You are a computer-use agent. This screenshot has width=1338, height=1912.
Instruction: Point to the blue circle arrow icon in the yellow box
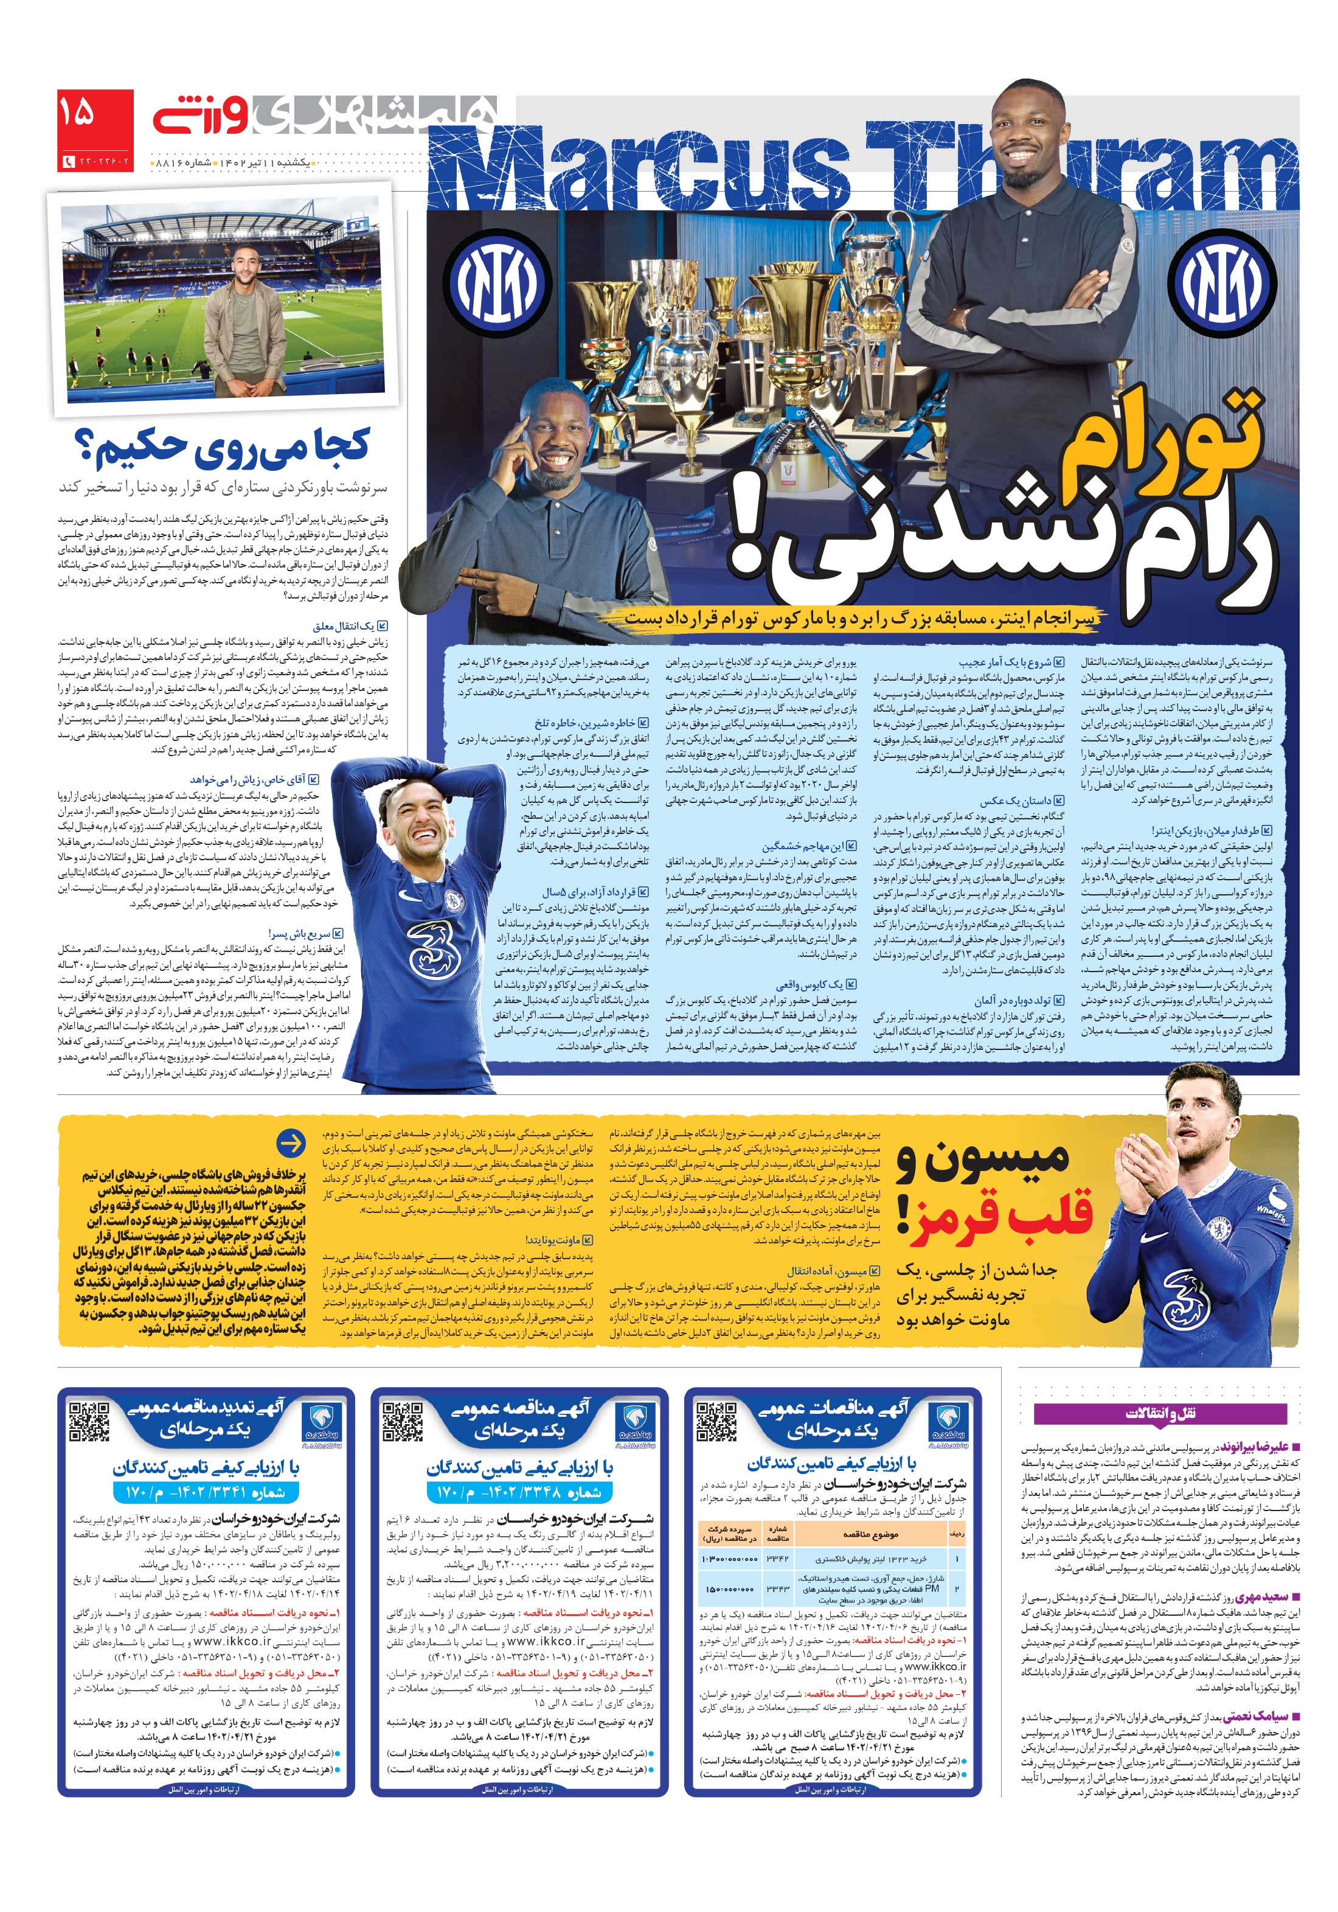click(x=291, y=1144)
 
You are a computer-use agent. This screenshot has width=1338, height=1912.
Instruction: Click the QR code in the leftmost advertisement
click(x=88, y=1422)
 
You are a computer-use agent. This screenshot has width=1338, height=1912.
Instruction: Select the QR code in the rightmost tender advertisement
click(x=715, y=1422)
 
